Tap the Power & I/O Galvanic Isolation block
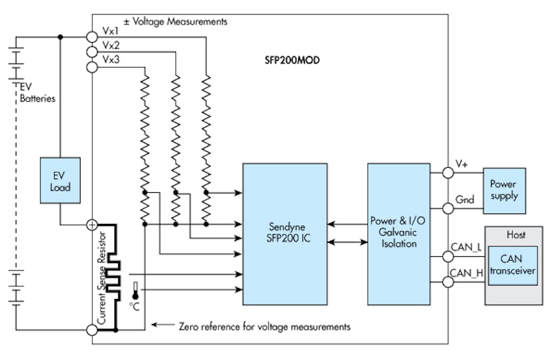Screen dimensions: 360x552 click(398, 234)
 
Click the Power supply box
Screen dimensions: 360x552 click(503, 190)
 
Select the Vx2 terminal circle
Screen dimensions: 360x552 click(92, 52)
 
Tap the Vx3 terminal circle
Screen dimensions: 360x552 click(92, 67)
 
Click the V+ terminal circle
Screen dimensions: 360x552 click(448, 173)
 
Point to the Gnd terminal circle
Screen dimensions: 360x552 click(448, 209)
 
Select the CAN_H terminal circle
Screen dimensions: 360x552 click(448, 282)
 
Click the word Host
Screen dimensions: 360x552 click(515, 234)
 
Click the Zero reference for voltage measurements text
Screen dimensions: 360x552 click(265, 326)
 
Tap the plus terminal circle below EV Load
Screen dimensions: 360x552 click(92, 225)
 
